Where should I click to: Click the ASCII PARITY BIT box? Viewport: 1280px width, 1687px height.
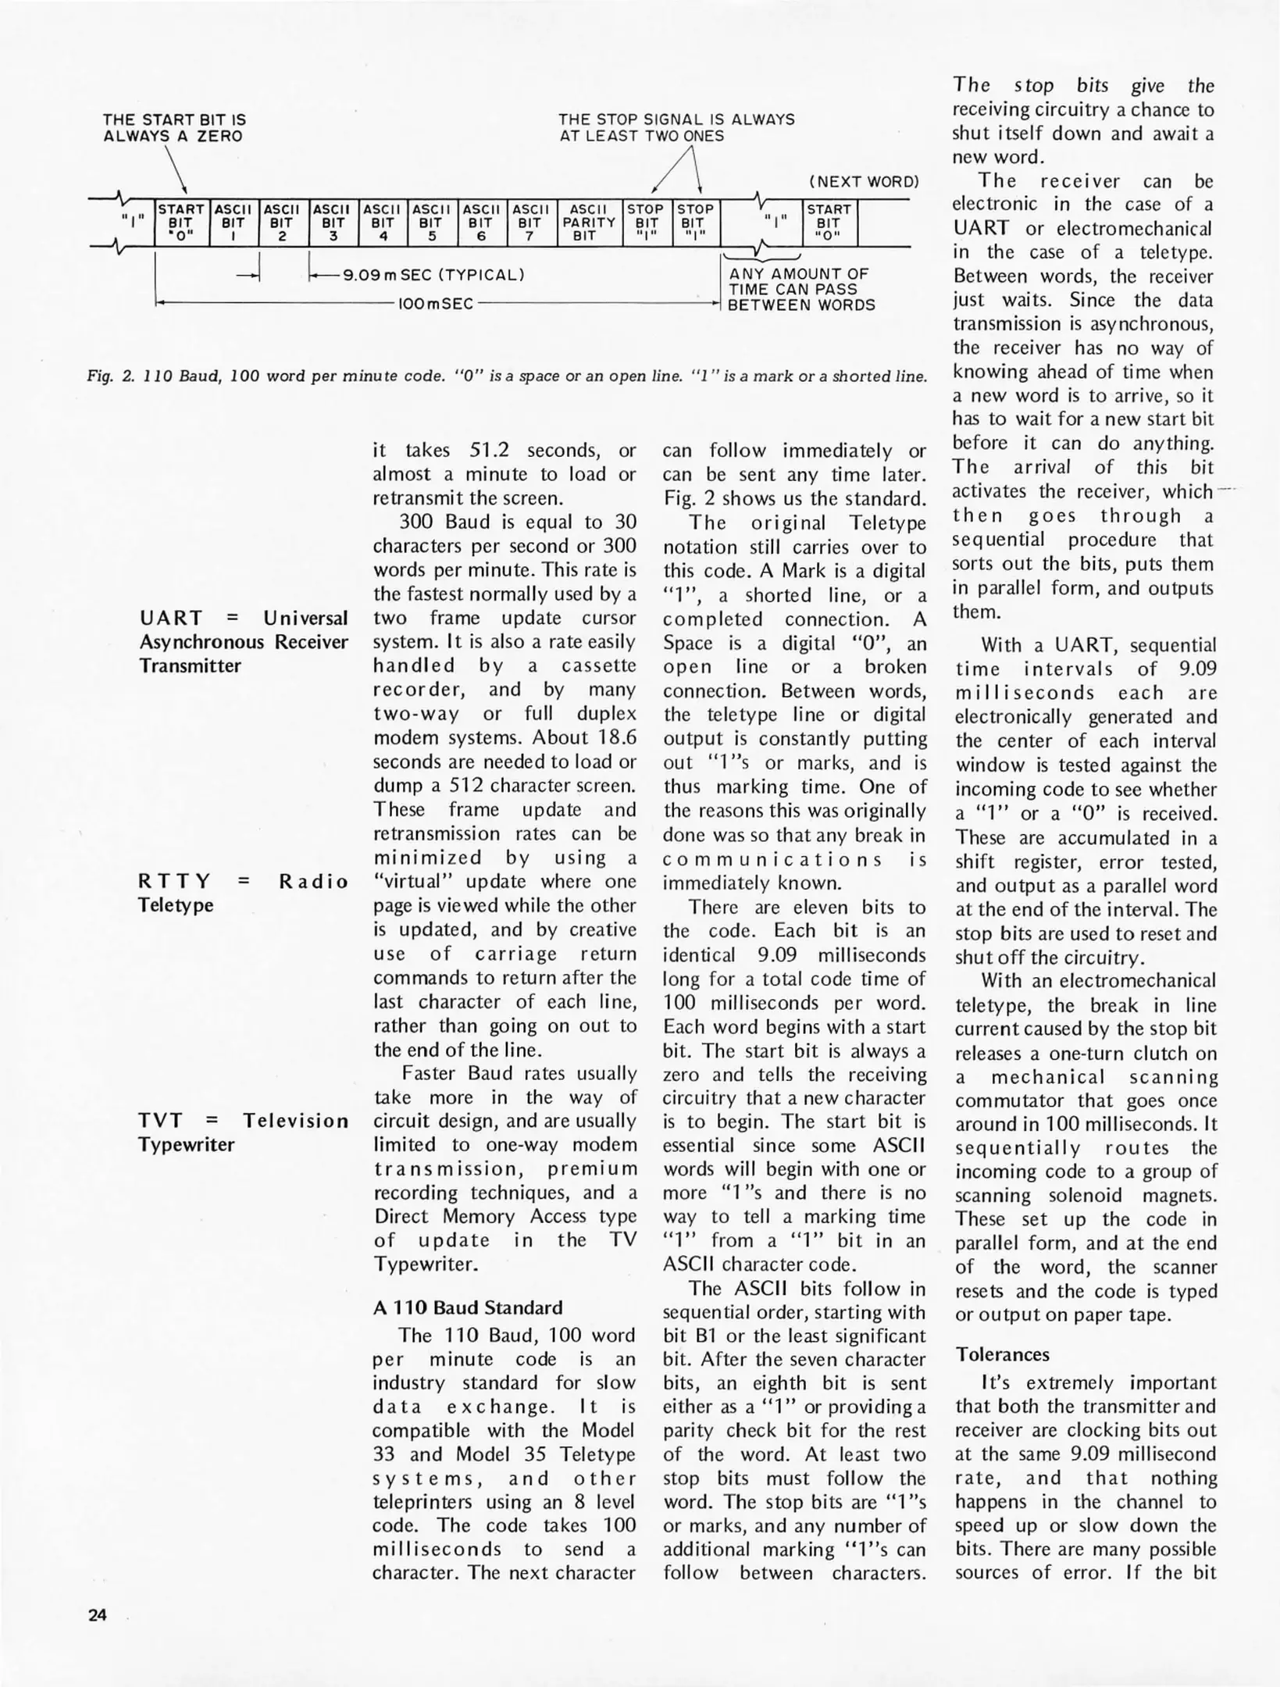[589, 223]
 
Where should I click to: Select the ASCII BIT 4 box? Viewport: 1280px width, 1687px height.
[382, 223]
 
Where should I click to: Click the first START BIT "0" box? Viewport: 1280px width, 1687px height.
[181, 223]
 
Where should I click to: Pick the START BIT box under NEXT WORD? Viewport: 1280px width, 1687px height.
[829, 223]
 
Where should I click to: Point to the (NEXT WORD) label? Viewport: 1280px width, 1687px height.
[864, 182]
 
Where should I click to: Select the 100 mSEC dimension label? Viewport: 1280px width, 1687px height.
[435, 304]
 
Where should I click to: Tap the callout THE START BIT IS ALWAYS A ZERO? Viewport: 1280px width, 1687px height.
[174, 127]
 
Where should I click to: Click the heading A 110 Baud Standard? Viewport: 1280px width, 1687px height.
[467, 1307]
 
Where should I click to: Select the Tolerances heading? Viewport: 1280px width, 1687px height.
[1002, 1354]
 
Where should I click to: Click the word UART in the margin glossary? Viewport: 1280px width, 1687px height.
[170, 619]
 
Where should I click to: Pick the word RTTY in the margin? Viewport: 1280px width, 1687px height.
[173, 882]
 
